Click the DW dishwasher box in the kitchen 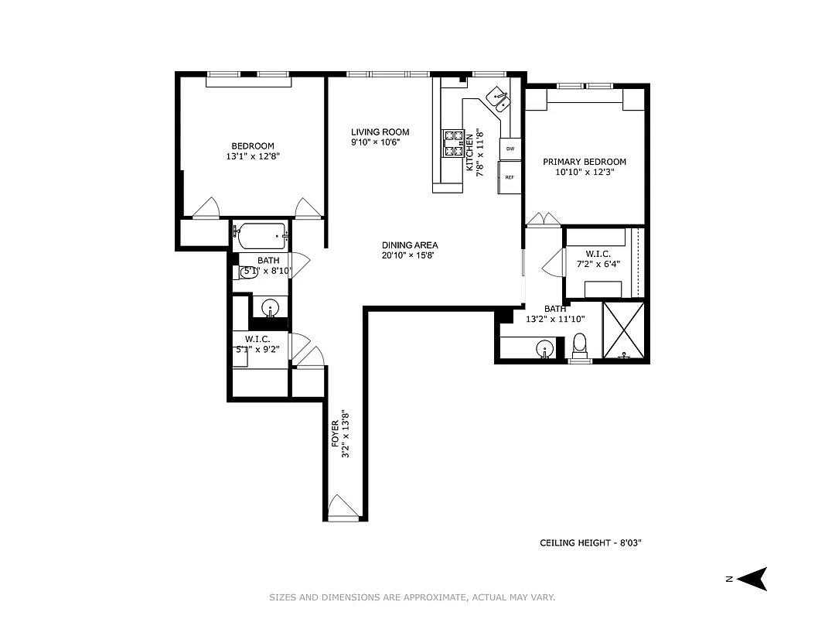(x=510, y=148)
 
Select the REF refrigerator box (x=510, y=177)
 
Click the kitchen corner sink (x=497, y=99)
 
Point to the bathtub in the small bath (x=261, y=232)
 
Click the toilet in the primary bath (x=580, y=346)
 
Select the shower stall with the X (x=624, y=330)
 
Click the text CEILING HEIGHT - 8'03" (x=591, y=543)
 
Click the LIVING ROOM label (x=380, y=132)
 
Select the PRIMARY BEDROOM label (x=584, y=162)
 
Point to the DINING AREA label (x=409, y=245)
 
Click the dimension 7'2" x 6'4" (x=598, y=264)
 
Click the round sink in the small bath (x=270, y=308)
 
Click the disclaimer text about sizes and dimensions (x=412, y=597)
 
